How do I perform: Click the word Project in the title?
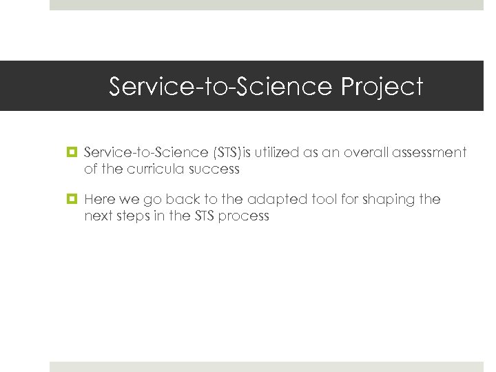point(381,87)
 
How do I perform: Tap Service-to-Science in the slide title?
point(221,87)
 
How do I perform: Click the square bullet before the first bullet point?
point(71,152)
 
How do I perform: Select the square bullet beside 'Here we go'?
point(71,200)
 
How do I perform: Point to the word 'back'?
point(188,200)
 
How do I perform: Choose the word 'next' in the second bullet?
point(97,216)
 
